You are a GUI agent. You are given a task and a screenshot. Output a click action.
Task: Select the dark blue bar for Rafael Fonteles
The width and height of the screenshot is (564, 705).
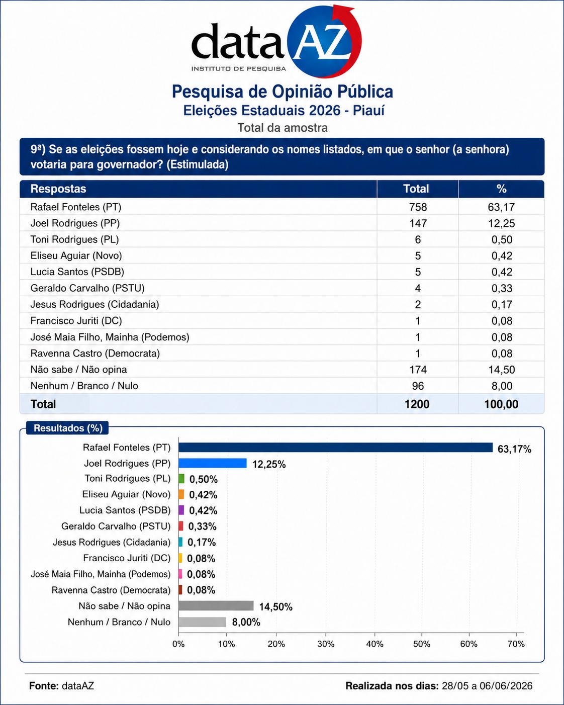point(336,448)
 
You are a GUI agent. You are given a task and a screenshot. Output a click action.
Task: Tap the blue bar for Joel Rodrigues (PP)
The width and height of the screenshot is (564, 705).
point(213,463)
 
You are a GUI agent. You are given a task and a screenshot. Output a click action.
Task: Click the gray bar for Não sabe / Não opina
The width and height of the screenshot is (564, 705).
point(216,606)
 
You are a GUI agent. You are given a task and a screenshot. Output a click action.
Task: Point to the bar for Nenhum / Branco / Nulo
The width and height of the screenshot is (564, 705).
point(203,622)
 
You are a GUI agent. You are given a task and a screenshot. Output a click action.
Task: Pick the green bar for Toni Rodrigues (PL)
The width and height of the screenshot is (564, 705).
point(181,479)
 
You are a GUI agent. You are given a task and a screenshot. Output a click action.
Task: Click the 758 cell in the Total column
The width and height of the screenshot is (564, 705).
point(418,207)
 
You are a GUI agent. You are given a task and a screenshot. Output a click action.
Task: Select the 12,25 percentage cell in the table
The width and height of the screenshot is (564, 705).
point(502,223)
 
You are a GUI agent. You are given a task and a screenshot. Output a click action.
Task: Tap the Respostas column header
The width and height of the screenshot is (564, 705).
point(58,189)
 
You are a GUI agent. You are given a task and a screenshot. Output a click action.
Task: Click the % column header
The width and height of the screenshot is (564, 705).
point(502,189)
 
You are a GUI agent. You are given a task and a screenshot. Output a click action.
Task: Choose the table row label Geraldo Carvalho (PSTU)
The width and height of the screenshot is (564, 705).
point(87,288)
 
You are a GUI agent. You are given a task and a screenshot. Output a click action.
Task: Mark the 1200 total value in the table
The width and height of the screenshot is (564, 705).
point(417,404)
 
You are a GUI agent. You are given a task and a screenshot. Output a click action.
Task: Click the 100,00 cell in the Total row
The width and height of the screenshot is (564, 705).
point(501,404)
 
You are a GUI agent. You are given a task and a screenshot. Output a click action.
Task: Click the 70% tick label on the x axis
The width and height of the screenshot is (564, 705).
point(516,644)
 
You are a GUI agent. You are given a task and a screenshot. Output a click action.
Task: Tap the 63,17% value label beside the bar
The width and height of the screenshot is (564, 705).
point(514,449)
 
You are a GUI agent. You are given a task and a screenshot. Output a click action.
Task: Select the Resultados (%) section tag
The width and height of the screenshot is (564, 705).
point(68,428)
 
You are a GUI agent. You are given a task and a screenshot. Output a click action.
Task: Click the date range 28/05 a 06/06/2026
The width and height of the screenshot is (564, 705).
point(487,686)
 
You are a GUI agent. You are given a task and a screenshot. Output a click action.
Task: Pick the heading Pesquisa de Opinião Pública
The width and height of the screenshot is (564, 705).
point(283,92)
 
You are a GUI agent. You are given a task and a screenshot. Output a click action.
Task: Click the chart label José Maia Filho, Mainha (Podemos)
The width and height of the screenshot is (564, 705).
point(101,574)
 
